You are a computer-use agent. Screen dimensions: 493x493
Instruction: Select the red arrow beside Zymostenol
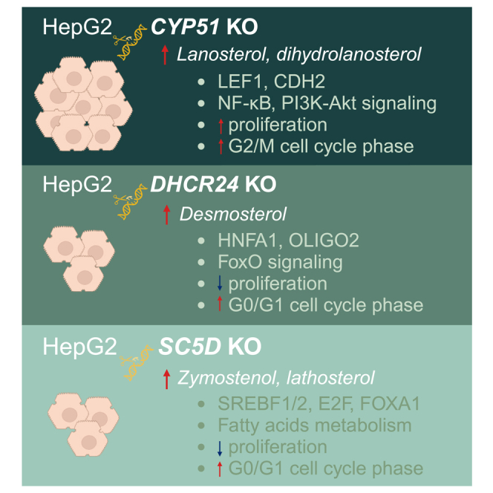pos(166,377)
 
